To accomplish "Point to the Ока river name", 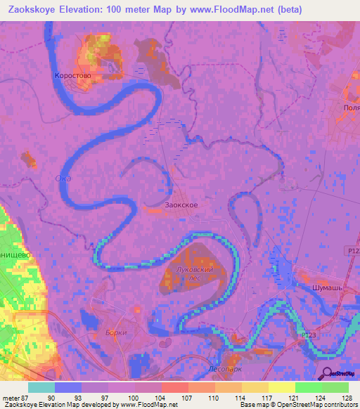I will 63,178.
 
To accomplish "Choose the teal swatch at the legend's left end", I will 41,387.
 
